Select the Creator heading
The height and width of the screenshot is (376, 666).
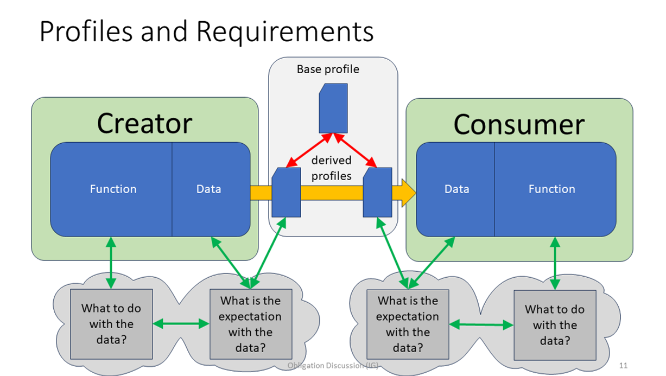coord(144,123)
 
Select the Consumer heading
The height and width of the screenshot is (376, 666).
coord(518,124)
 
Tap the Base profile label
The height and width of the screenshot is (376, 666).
coord(328,69)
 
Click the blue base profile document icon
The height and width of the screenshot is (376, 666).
coord(333,108)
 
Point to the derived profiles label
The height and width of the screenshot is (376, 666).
coord(331,168)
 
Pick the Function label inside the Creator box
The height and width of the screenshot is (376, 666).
coord(113,189)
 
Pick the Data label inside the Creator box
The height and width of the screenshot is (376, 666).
coord(208,189)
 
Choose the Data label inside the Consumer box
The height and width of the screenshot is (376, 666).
coord(456,189)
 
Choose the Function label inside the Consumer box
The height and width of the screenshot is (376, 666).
coord(551,189)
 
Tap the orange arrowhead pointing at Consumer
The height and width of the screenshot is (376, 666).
coord(408,193)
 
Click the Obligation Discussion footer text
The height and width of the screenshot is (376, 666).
coord(332,366)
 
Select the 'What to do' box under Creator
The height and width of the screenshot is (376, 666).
coord(111,324)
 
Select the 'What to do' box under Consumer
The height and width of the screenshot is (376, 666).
coord(554,325)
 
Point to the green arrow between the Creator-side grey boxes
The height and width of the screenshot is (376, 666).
coord(181,324)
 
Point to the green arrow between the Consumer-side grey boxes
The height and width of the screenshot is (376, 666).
coord(481,325)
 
